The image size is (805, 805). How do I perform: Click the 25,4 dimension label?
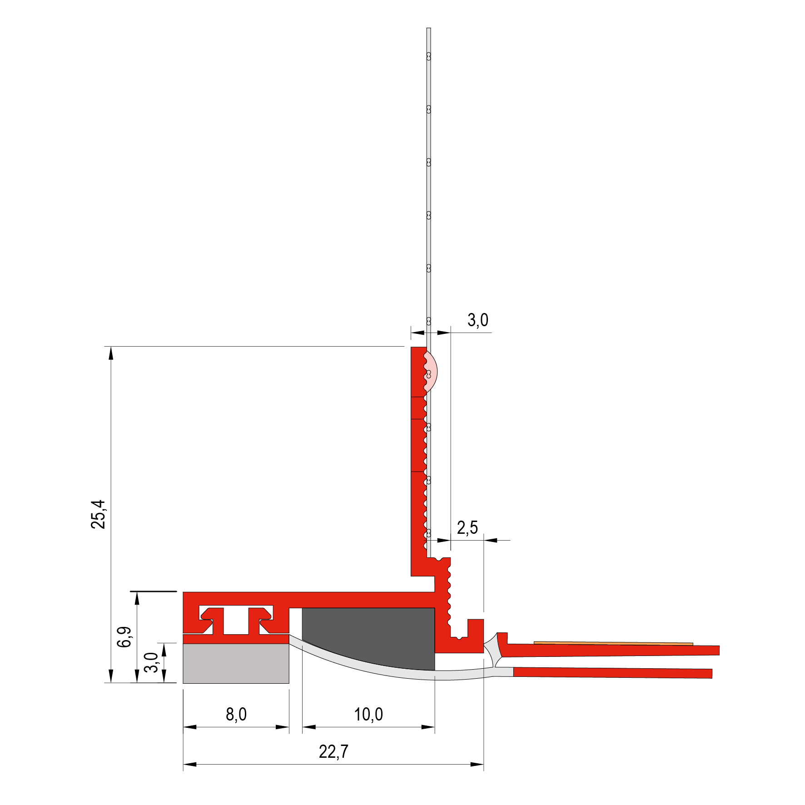98,514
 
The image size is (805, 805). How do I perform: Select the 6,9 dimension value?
124,636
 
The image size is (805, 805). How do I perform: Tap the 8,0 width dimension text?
236,715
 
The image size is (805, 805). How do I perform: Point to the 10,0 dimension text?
368,715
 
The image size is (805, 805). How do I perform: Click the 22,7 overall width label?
333,752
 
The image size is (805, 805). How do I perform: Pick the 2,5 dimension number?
467,528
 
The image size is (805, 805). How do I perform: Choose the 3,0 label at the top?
478,320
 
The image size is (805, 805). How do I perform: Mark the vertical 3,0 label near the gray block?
151,662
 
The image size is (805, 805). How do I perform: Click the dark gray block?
368,639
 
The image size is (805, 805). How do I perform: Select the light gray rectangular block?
236,664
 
